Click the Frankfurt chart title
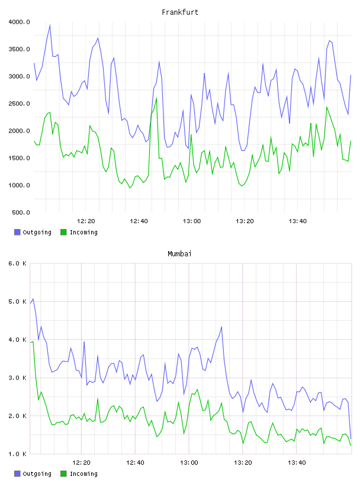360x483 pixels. click(180, 12)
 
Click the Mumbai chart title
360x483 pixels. click(179, 254)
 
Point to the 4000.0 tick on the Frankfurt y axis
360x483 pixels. click(19, 22)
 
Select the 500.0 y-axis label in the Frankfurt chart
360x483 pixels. click(21, 212)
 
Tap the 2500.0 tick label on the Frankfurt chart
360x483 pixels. click(19, 104)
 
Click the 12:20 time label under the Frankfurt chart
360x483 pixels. click(86, 221)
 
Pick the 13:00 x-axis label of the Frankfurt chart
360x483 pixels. click(192, 221)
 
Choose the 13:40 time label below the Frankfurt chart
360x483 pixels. click(298, 221)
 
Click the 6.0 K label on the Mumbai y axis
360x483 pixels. click(17, 263)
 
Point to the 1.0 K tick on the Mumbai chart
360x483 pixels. click(17, 454)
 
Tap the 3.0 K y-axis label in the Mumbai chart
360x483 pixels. click(17, 378)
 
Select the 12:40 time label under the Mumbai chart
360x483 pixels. click(136, 463)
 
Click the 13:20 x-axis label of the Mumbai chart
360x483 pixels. click(243, 463)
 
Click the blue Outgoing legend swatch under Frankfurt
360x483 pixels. click(17, 232)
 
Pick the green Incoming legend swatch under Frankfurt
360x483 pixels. click(63, 232)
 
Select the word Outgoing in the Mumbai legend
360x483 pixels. click(37, 474)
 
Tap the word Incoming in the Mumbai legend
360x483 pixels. click(83, 474)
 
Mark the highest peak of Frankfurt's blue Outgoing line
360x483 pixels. click(50, 25)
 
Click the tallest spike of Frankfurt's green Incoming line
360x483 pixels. click(156, 98)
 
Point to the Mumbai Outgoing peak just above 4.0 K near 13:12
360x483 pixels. click(221, 327)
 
